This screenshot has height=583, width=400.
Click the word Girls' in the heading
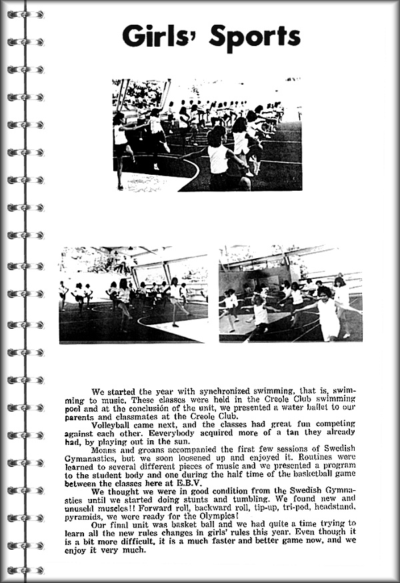point(159,37)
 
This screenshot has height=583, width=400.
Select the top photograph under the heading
point(207,134)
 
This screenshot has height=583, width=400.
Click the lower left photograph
point(133,294)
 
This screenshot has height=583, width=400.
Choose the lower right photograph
point(291,294)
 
